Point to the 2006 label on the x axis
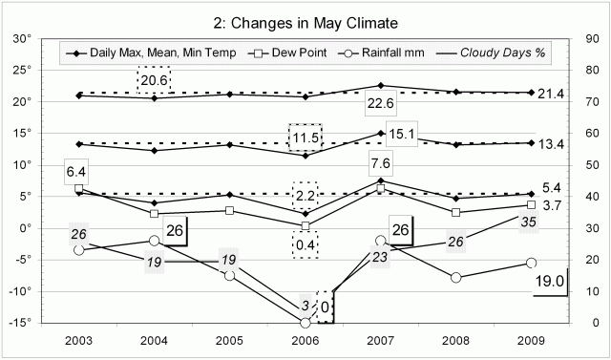tap(305, 340)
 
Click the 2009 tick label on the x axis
tap(532, 340)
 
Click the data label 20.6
tap(154, 80)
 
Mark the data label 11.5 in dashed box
tap(305, 138)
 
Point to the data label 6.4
tap(77, 172)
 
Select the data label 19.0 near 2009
tap(551, 282)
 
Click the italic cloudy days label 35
tap(528, 222)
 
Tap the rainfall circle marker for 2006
tap(305, 323)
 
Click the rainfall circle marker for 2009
tap(532, 263)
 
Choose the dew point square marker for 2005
tap(230, 210)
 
